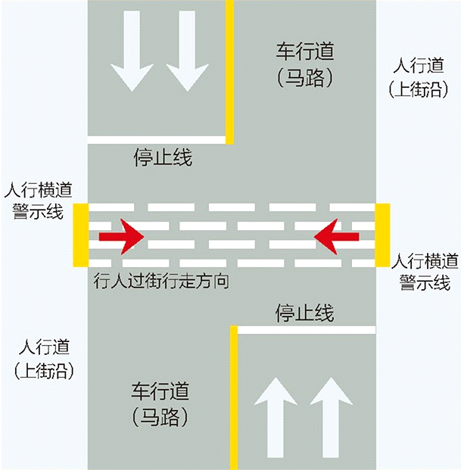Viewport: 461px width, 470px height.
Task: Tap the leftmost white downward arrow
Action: pos(129,67)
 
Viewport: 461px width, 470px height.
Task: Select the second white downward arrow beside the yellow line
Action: pos(186,67)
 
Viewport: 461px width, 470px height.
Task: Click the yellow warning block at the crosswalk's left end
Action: pos(80,235)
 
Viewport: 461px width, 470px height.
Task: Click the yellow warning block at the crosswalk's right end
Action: pos(382,235)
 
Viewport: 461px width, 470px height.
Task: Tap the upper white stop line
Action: pos(157,139)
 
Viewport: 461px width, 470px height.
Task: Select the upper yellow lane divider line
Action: pos(230,72)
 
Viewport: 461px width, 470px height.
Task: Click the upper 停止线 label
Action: pos(163,157)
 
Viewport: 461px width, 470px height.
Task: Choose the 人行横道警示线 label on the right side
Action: pos(425,272)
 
